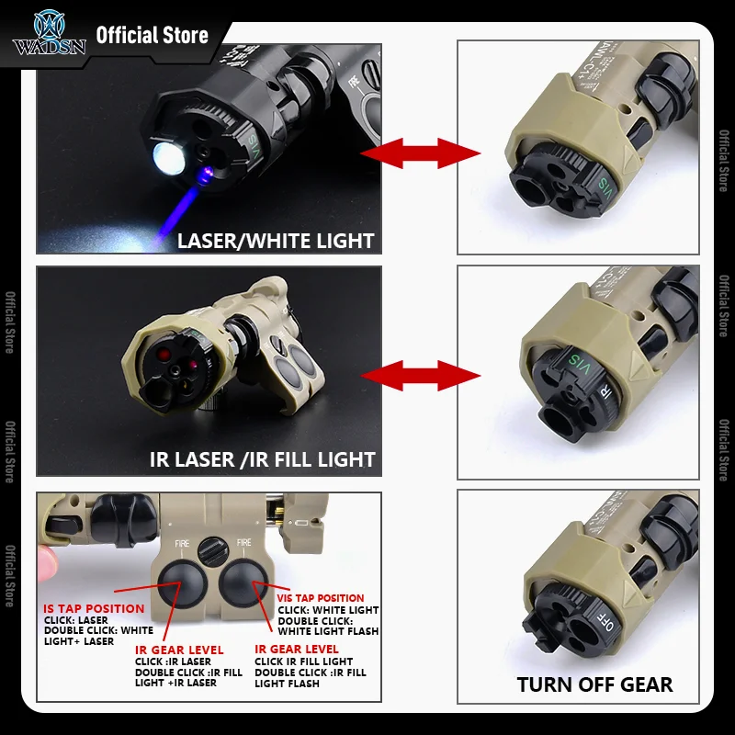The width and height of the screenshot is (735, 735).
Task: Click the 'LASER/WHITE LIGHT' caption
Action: coord(276,241)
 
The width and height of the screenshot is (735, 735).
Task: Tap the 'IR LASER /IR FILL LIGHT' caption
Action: coord(262,458)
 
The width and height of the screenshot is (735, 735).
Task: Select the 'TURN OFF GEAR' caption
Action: coord(594,684)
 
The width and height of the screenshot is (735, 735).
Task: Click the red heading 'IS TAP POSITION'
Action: coord(95,608)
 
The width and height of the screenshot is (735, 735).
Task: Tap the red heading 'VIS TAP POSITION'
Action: coord(320,598)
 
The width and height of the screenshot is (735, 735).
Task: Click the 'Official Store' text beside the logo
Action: coord(153,36)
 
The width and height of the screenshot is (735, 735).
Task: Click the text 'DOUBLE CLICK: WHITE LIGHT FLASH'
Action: coord(328,626)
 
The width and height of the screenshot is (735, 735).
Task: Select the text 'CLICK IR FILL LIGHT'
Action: coord(303,661)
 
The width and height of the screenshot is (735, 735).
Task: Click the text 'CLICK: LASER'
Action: coord(76,620)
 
